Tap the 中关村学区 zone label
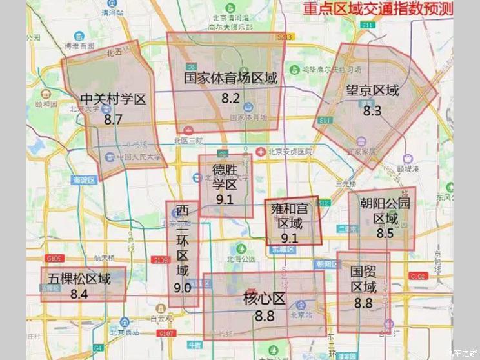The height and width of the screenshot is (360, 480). [x=114, y=99]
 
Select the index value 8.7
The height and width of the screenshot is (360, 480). [x=113, y=119]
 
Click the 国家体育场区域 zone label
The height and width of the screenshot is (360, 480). [x=230, y=79]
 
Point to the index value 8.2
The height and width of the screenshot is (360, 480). [x=230, y=99]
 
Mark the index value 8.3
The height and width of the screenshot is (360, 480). [x=372, y=110]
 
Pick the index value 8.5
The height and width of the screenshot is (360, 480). [x=385, y=234]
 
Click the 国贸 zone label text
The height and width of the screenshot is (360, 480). [x=363, y=271]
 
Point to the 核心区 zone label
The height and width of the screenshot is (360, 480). [x=264, y=299]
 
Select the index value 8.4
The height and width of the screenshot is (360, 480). [x=79, y=295]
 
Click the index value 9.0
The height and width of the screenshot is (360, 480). [x=183, y=288]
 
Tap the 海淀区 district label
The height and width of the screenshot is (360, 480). [x=85, y=181]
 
